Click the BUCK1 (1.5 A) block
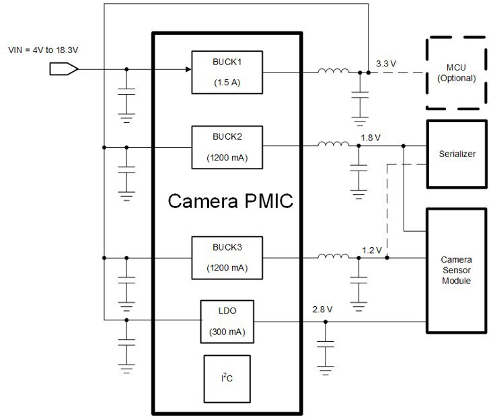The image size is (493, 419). (227, 73)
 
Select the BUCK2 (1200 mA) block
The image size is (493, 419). (227, 147)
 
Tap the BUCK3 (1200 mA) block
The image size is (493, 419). (227, 258)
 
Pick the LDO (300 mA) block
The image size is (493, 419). (227, 322)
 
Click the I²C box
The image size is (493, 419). (227, 379)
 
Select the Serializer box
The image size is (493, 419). (457, 154)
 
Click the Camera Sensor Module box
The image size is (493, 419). (457, 270)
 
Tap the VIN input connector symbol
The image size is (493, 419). (64, 69)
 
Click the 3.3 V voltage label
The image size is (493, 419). (386, 64)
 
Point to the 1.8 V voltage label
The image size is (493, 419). (371, 138)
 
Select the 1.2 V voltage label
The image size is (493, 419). (372, 250)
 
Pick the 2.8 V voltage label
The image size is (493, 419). (322, 310)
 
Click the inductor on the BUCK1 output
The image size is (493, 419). (334, 71)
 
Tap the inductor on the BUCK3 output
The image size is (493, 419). (334, 256)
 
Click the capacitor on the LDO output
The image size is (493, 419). (326, 344)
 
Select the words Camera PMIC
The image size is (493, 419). (231, 201)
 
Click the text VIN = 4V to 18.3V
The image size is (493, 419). (43, 50)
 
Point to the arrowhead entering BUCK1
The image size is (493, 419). (188, 69)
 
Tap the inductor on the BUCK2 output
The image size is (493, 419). (334, 144)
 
